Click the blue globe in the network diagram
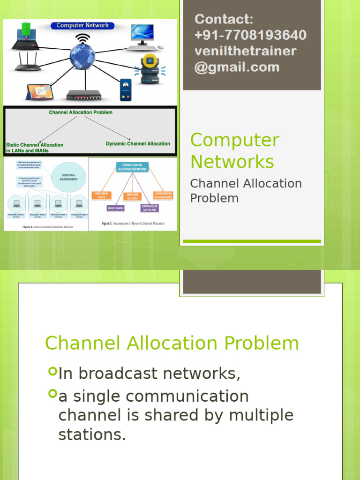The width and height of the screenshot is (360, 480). [x=82, y=56]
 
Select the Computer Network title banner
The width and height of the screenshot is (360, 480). [x=82, y=25]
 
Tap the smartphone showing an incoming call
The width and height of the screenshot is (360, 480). [x=125, y=90]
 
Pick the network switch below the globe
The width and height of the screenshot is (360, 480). [x=83, y=95]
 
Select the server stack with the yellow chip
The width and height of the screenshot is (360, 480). [x=150, y=69]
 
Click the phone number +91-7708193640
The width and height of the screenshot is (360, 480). [x=250, y=35]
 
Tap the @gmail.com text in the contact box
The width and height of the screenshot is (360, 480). [x=237, y=67]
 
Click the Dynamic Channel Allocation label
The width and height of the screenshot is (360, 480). [x=138, y=144]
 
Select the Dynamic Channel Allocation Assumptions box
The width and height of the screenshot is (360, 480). [x=133, y=166]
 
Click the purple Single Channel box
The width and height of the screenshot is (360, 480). [x=115, y=208]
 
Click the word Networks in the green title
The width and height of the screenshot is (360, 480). [x=232, y=162]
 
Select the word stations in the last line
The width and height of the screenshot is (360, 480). [x=92, y=435]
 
